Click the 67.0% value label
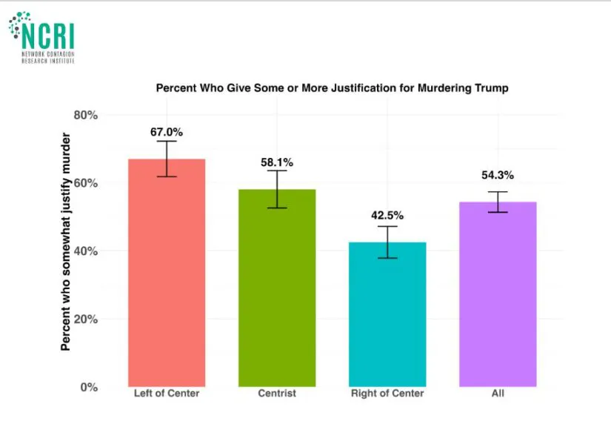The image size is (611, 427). (x=167, y=132)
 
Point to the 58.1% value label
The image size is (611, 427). (x=277, y=162)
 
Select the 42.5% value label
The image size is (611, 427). (x=387, y=216)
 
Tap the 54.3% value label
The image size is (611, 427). (x=498, y=176)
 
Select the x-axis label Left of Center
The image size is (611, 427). (x=167, y=394)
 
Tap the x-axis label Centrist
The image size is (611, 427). (x=277, y=394)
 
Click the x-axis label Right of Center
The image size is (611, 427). (x=387, y=394)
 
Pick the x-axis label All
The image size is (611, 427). (x=498, y=394)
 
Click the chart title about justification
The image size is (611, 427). (x=332, y=87)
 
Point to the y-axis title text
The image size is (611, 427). (x=66, y=242)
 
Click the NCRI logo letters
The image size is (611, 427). (x=49, y=35)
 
